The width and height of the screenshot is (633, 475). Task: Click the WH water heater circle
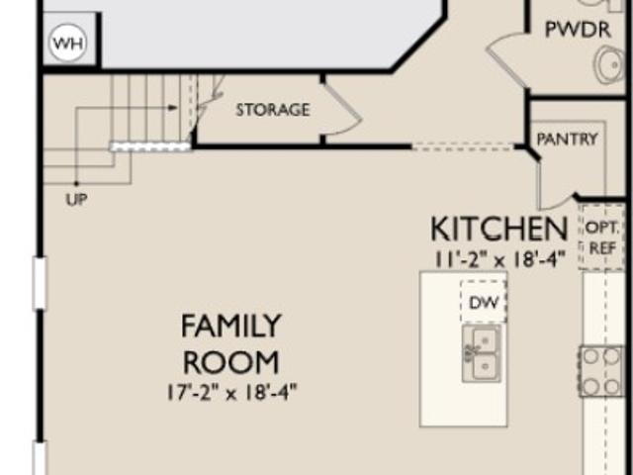(x=68, y=43)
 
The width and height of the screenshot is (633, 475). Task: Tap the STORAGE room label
(x=273, y=110)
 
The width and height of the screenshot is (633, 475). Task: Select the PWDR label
(x=578, y=30)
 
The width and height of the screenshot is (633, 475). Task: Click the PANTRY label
(x=567, y=140)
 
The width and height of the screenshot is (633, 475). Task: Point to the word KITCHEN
(x=499, y=229)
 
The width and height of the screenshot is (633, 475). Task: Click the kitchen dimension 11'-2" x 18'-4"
(x=499, y=259)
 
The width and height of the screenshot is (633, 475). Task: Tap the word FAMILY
(x=230, y=326)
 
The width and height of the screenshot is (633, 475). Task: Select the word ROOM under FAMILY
(x=230, y=362)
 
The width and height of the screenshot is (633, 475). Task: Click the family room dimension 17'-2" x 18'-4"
(x=231, y=392)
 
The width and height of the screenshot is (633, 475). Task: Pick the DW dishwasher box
(x=484, y=301)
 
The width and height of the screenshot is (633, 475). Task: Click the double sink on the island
(x=482, y=353)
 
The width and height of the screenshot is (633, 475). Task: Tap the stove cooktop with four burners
(x=601, y=371)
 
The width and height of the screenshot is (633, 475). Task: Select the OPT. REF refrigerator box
(x=601, y=237)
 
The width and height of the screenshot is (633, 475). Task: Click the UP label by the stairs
(x=76, y=199)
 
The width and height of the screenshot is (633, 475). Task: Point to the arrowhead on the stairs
(x=173, y=108)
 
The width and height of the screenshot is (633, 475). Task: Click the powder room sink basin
(x=610, y=64)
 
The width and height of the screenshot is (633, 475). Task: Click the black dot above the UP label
(x=76, y=184)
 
